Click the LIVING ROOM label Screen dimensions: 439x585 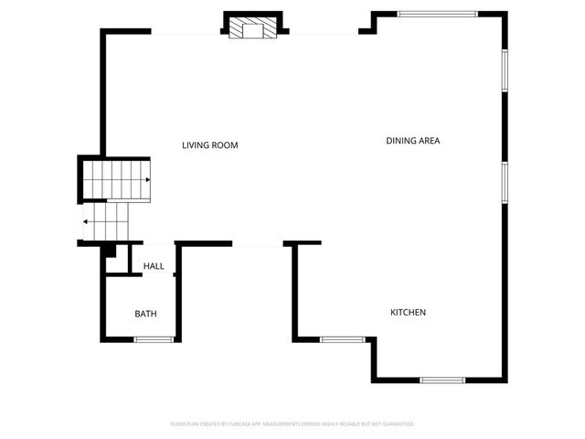[210, 145]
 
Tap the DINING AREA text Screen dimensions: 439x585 [413, 141]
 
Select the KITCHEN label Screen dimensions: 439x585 [408, 313]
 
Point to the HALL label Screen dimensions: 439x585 [154, 267]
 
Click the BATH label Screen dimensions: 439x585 [146, 314]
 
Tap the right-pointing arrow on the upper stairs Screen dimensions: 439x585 [147, 180]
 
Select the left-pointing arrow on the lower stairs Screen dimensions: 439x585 [85, 220]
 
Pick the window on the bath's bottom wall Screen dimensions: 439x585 [154, 339]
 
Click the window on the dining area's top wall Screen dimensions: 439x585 [437, 13]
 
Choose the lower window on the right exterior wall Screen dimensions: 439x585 [504, 181]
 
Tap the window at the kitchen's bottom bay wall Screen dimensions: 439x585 [442, 380]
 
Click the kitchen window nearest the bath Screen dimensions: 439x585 [343, 339]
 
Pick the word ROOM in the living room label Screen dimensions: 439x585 [227, 145]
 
